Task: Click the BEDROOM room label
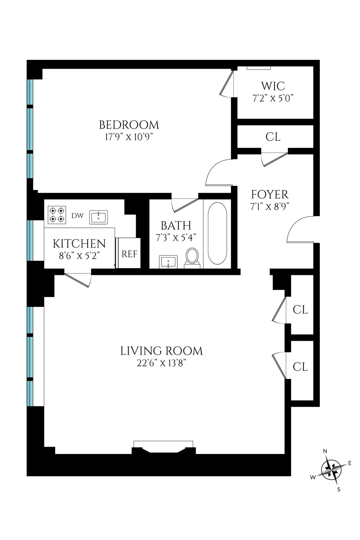pos(129,125)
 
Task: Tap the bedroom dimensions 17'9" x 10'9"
pos(129,137)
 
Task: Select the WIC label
pos(273,86)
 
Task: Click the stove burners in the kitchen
pos(57,215)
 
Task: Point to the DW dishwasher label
pos(77,216)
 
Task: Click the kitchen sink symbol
pos(98,217)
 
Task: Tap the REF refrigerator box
pos(129,254)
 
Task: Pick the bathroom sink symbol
pos(168,261)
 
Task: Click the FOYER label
pos(269,195)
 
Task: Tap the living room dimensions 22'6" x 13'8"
pos(162,363)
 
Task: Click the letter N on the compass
pos(325,451)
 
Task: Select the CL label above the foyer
pos(273,137)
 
